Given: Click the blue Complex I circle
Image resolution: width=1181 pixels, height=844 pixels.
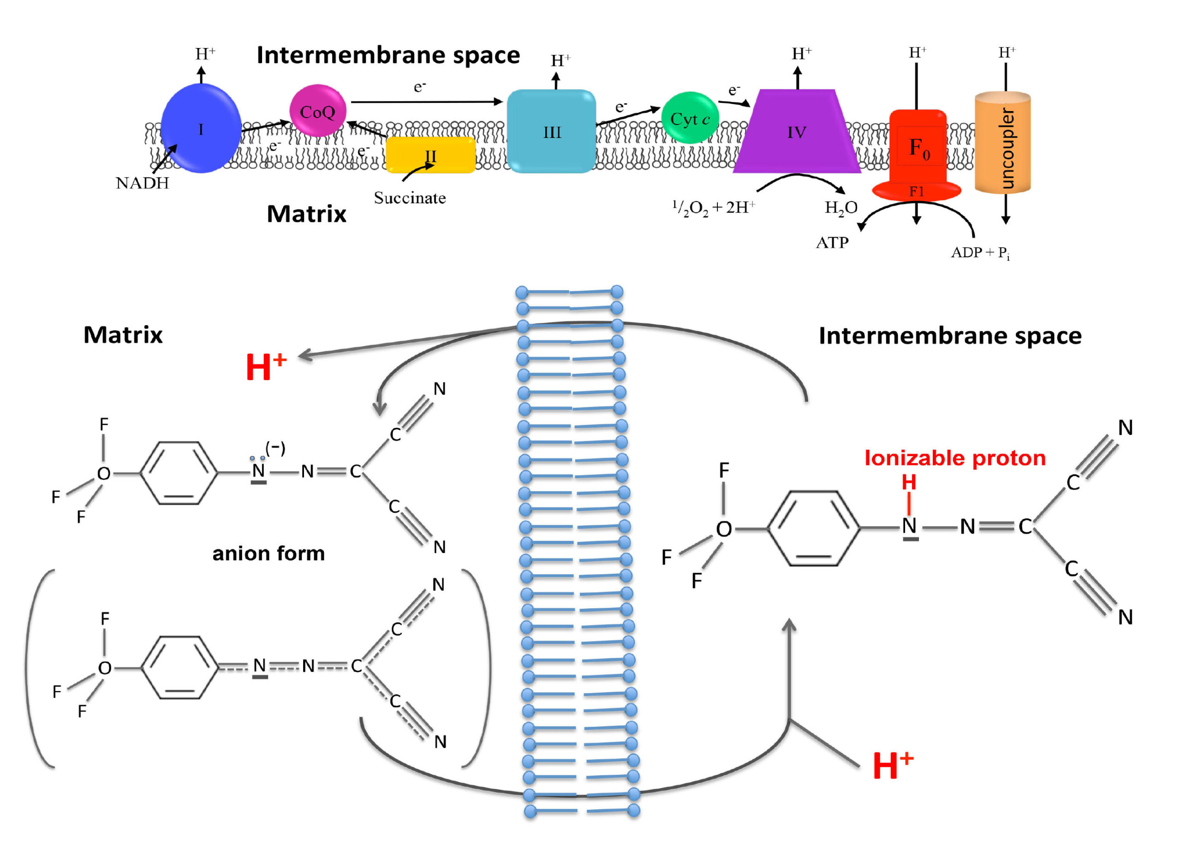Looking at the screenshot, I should pos(201,128).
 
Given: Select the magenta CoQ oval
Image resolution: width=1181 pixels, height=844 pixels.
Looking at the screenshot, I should pos(317,111).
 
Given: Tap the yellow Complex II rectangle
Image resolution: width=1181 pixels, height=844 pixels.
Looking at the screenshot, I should pos(430,155).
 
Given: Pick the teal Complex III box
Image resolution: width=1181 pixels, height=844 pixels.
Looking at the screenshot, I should pos(551,131).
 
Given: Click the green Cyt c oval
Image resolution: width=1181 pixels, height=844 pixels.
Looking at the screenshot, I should pos(690,119).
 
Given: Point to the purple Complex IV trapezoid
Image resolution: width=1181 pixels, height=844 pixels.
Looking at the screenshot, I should pos(796,132).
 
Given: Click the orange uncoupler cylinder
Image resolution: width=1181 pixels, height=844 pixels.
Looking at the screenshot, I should pos(1002,143).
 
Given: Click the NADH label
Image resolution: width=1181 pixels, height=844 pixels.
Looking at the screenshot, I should pos(143,184).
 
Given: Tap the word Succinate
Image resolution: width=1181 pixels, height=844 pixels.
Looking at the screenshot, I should pos(410,198).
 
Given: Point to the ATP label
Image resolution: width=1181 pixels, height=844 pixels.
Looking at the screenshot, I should pos(832,243).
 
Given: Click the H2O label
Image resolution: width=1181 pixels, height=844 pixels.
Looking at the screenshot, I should pos(841,208).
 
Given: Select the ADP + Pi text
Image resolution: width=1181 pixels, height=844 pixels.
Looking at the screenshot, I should pos(980,253).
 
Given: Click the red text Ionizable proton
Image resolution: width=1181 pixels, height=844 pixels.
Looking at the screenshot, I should pos(955,458).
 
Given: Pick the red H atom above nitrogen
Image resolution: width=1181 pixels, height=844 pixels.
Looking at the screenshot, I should pos(909,482).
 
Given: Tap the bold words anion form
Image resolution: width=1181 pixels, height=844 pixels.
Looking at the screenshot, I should pos(268,553).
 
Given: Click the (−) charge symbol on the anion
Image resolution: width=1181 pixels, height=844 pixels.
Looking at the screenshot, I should pos(275,447).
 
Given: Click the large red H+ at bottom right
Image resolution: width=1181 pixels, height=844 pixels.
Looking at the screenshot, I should pos(893,765).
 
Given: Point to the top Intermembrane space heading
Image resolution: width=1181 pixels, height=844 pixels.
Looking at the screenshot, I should pos(388,55).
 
